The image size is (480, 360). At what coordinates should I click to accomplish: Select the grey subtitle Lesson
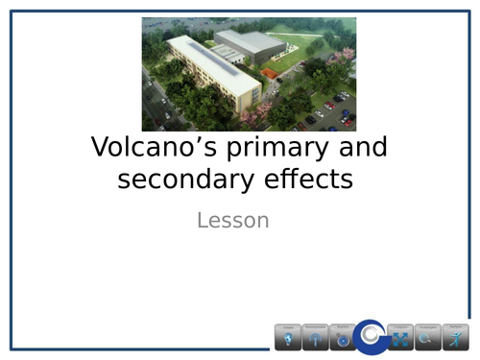232,221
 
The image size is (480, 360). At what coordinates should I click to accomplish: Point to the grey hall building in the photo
252,43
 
